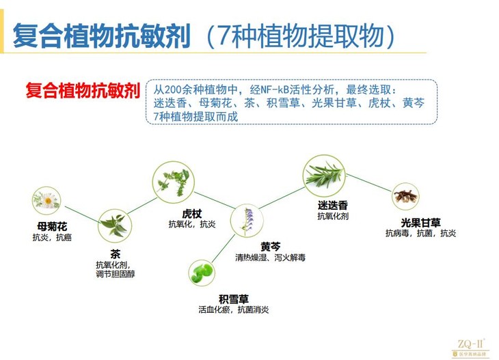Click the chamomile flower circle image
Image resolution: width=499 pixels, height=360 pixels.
click(46, 200)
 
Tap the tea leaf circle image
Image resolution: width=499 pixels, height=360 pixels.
click(113, 225)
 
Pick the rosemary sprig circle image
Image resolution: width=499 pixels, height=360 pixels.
click(323, 174)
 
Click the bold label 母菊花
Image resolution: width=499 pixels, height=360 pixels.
click(52, 226)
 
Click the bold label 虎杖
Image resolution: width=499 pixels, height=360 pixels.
click(183, 213)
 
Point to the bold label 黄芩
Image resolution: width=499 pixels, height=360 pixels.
click(252, 246)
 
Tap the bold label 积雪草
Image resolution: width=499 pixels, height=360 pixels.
click(234, 299)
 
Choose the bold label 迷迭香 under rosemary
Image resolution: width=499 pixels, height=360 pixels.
click(333, 205)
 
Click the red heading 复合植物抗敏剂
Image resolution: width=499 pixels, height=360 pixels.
click(83, 92)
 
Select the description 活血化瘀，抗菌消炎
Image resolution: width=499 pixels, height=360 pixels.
click(233, 309)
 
